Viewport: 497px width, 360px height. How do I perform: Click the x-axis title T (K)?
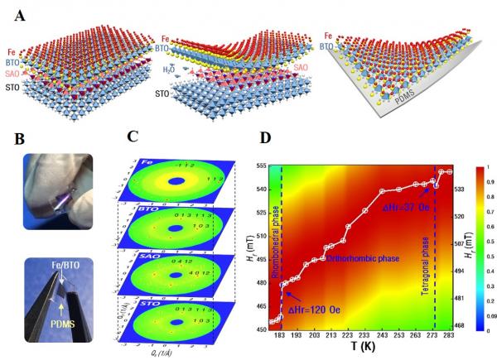tap(360, 351)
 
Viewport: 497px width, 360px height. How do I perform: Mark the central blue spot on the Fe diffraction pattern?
tap(176, 181)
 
